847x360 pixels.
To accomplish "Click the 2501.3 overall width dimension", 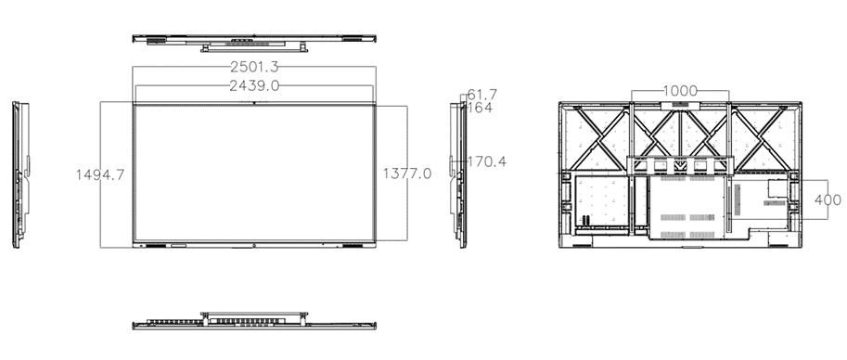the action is (x=254, y=67).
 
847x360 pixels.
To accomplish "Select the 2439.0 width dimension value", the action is (x=254, y=86).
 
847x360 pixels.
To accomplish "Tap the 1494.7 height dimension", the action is (x=100, y=174).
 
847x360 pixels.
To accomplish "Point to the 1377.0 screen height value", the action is (x=407, y=174).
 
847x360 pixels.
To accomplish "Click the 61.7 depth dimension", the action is (x=481, y=95).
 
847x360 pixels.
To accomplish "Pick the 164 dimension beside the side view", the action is (x=479, y=108).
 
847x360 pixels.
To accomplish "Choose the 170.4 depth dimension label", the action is (x=487, y=161).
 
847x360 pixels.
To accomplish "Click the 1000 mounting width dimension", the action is (x=680, y=90).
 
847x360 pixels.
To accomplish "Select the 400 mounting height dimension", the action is (x=828, y=200).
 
